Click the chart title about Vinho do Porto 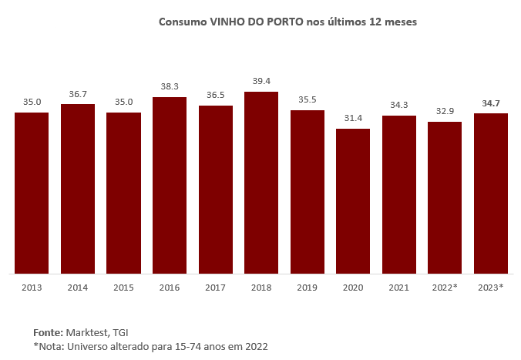tap(287, 22)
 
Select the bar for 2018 tap(261, 183)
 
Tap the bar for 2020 tap(353, 201)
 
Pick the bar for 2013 tap(32, 193)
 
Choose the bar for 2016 tap(170, 185)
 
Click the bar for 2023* tap(491, 193)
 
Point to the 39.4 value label tap(261, 81)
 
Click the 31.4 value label tap(353, 118)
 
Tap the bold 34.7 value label tap(491, 103)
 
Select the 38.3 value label tap(170, 86)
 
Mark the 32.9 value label tap(445, 111)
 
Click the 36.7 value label tap(78, 93)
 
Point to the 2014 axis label tap(78, 288)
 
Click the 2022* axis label tap(445, 288)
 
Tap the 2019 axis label tap(307, 288)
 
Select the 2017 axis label tap(215, 288)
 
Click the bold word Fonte tap(49, 331)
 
